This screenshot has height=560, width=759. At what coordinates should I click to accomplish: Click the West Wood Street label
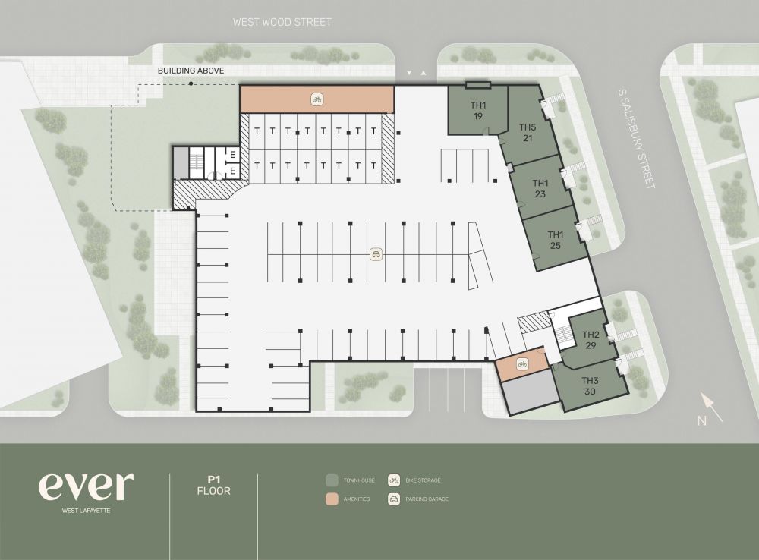282,22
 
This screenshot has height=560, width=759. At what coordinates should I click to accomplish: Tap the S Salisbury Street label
637,138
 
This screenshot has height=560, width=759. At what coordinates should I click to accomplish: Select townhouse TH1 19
477,110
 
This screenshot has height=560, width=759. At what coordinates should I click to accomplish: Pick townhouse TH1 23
540,188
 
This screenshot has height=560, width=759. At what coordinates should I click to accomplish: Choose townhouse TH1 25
556,240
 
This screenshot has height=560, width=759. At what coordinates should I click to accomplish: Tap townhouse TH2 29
591,340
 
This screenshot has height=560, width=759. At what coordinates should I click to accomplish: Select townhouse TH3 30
590,385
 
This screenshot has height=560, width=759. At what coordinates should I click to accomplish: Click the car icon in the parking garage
376,254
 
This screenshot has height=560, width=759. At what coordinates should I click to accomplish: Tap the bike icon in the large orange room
317,99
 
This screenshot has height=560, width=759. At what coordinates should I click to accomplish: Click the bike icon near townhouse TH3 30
522,364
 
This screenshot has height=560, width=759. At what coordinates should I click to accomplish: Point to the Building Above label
191,71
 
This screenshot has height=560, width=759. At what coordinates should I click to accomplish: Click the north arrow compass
710,409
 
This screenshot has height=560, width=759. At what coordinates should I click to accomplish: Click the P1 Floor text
213,486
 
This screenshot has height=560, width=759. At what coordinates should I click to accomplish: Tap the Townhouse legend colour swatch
332,480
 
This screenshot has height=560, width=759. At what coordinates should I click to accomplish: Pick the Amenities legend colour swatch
332,499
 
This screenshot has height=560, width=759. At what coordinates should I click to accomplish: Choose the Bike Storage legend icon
394,480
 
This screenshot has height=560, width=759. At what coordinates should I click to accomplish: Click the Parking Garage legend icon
394,499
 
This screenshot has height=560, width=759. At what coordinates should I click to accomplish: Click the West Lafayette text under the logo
86,511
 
